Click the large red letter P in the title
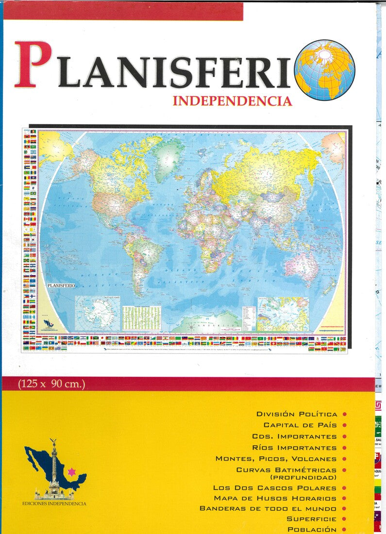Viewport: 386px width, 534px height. [33, 64]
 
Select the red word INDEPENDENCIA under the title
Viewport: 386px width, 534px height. [232, 101]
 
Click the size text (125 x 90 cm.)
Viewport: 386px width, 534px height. [51, 384]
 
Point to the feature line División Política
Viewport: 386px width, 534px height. [297, 414]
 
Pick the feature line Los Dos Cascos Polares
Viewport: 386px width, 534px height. [274, 488]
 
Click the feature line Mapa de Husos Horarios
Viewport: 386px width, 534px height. [275, 499]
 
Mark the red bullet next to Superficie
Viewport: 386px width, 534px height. [344, 519]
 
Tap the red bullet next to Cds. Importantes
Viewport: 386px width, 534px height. [344, 436]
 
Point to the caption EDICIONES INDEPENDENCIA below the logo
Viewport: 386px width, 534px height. [54, 503]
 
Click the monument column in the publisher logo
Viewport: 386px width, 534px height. [54, 466]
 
